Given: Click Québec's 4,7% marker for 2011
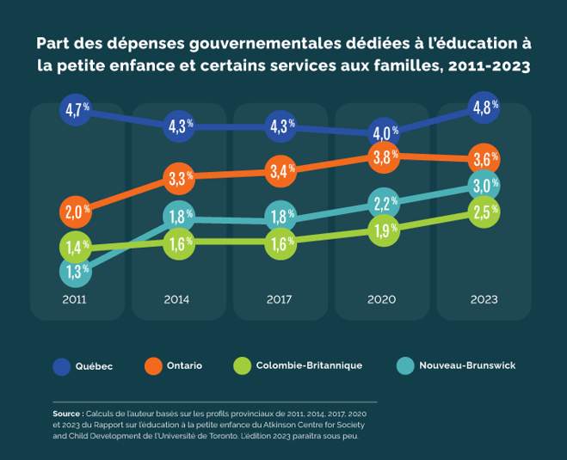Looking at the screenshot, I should (76, 110).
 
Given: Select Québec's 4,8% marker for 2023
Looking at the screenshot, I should (484, 107).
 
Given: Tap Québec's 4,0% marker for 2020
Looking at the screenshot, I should (383, 132).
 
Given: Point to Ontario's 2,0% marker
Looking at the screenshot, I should (76, 211).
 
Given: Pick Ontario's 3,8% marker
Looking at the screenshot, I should (384, 156).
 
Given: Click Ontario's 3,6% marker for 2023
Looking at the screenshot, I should (484, 159).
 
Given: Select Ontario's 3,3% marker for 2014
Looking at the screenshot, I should (179, 179).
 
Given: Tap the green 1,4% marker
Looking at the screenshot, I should (76, 248).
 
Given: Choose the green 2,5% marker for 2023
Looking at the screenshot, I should (484, 212).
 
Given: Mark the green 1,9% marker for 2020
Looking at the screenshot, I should (384, 230).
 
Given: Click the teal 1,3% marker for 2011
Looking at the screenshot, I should (76, 273).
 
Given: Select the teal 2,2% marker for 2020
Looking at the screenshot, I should (384, 204).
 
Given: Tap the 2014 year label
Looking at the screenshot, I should (177, 300).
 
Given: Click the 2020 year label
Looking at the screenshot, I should (382, 300).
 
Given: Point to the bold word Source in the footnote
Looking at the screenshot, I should (67, 413).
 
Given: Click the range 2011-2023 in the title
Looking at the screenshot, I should (485, 66).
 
